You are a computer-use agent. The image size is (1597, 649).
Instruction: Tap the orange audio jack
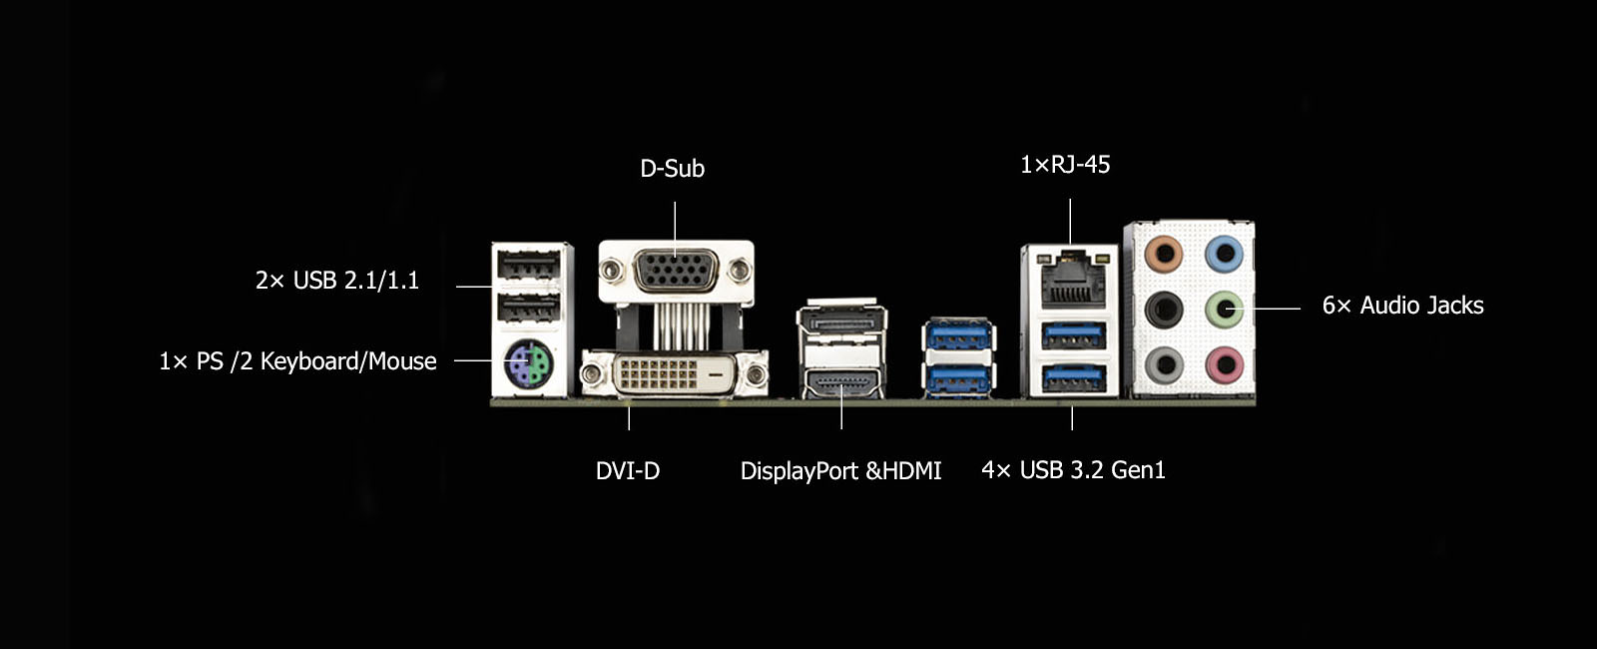tap(1164, 254)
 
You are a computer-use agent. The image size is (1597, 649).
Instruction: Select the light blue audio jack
tap(1224, 254)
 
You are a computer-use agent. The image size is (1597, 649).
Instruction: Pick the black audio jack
tap(1164, 309)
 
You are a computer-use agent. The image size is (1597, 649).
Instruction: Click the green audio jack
tap(1224, 309)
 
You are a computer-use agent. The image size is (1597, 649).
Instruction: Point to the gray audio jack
tap(1164, 364)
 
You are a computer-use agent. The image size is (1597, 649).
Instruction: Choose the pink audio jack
tap(1224, 364)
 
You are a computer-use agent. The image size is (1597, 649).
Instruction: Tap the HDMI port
tap(842, 382)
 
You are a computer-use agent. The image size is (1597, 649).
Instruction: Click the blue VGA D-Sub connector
tap(675, 271)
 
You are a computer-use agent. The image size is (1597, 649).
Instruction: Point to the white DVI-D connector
tap(675, 372)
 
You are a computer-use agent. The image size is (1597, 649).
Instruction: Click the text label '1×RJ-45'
tap(1065, 165)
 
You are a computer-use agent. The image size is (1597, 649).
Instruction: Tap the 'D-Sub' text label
tap(673, 169)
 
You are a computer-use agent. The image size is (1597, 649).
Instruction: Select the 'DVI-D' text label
tap(628, 470)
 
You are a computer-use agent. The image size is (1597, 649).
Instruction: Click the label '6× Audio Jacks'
tap(1403, 306)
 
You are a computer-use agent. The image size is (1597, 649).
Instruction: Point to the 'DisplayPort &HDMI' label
tap(840, 470)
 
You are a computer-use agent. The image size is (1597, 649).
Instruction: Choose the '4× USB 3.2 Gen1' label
tap(1073, 470)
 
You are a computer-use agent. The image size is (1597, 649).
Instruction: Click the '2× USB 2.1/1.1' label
tap(337, 281)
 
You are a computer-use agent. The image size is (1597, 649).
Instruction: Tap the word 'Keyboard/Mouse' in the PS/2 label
tap(348, 361)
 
